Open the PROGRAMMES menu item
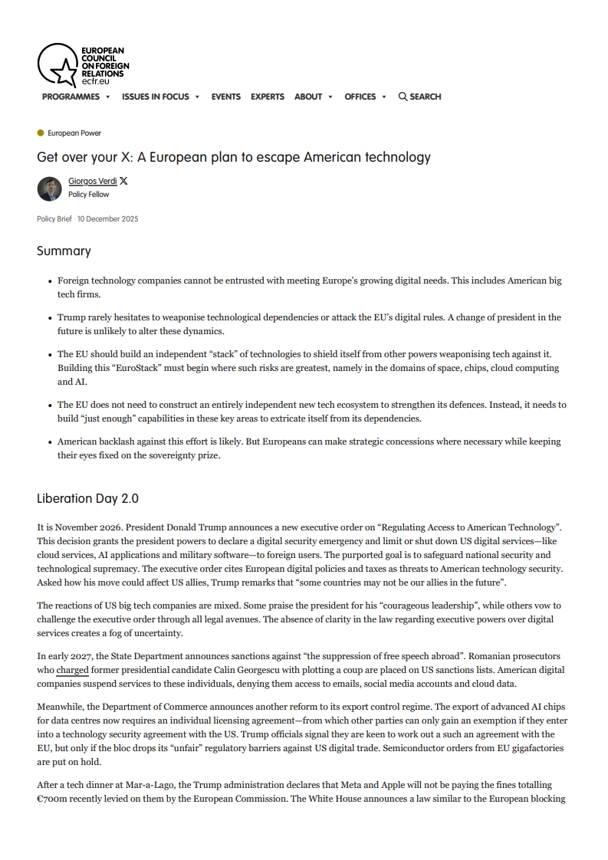71,97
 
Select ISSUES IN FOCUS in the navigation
155,97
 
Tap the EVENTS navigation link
225,97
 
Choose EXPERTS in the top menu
267,97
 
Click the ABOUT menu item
308,97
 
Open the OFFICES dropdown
360,97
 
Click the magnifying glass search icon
403,97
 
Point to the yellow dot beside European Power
41,133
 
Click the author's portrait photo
49,188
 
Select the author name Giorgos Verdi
92,182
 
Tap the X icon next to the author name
124,182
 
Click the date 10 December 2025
107,219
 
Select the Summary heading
64,251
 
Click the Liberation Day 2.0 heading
87,498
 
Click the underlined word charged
73,670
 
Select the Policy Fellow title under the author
88,195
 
